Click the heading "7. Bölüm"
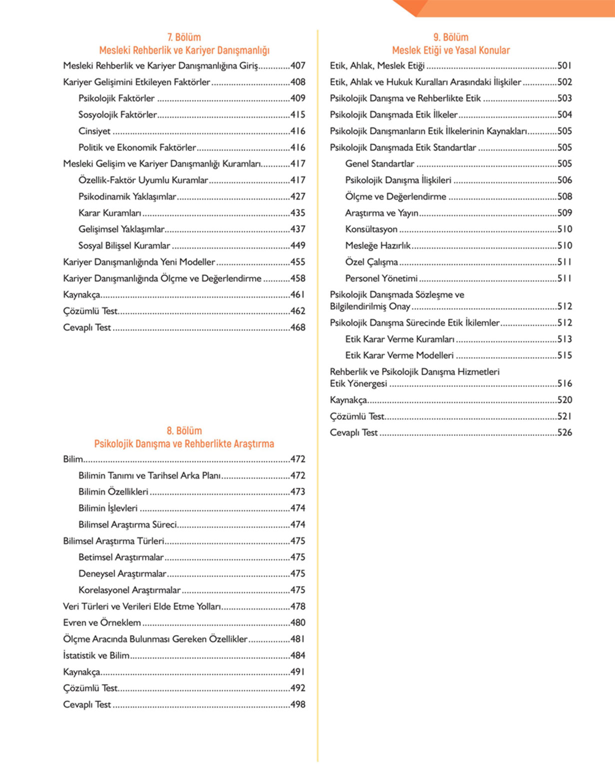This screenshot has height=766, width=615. [x=184, y=37]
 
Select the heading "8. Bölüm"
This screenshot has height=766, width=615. [x=184, y=431]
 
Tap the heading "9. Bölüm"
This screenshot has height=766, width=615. [x=450, y=37]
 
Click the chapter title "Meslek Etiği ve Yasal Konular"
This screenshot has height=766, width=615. [x=450, y=50]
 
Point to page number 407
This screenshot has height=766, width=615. [x=297, y=66]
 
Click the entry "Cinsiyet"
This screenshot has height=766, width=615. [x=94, y=131]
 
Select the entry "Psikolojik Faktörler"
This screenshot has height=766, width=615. [x=116, y=98]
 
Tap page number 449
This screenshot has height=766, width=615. [x=297, y=246]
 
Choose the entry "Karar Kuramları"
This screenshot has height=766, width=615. [x=110, y=213]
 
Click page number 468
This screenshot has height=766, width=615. [x=297, y=328]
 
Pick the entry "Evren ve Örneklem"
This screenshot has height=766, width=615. [x=102, y=623]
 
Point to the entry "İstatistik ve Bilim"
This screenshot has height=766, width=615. [x=96, y=656]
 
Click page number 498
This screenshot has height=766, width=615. [x=297, y=705]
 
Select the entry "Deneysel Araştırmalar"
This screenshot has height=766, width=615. [x=122, y=574]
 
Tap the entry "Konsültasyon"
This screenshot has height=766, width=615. [x=371, y=229]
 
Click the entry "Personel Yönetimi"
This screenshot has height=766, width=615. [x=381, y=278]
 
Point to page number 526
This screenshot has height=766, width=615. [x=564, y=433]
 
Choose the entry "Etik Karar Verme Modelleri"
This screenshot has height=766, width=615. [x=399, y=356]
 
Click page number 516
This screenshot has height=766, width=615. [x=564, y=384]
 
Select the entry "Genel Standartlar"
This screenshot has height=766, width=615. [x=380, y=164]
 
